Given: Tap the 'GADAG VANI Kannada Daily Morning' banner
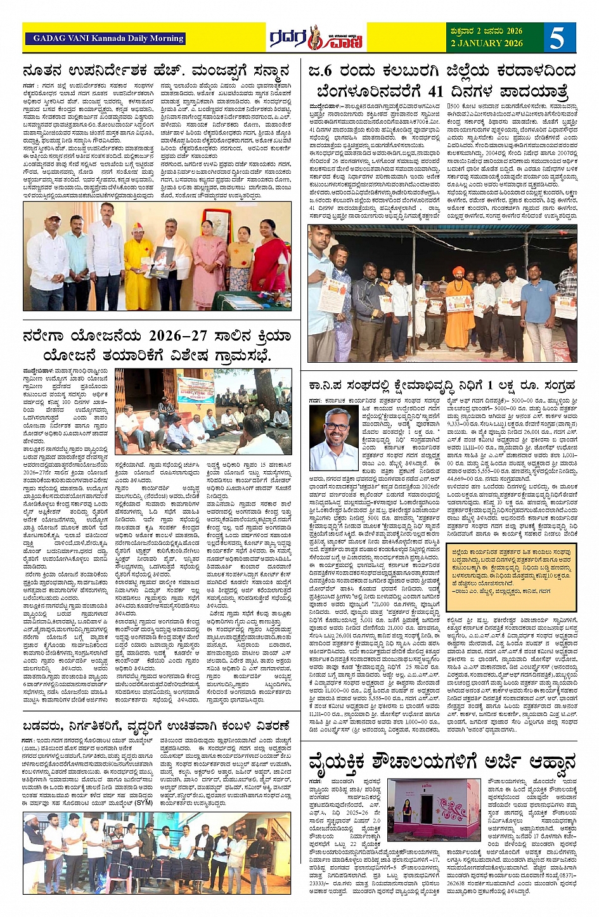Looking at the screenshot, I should click(105, 38).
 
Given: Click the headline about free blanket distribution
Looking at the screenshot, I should click(156, 725).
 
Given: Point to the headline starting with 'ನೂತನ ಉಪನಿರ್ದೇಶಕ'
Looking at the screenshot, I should click(156, 70).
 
